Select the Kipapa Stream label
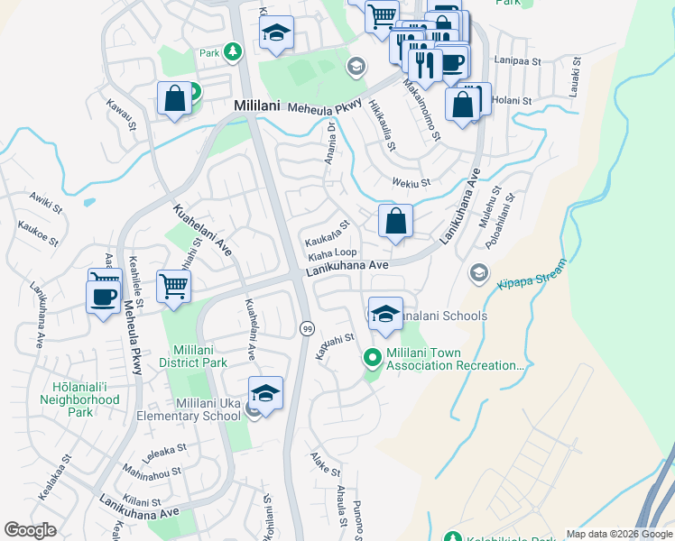532,273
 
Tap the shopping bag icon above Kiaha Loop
395,221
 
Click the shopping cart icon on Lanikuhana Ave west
173,287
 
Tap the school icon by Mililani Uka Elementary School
265,393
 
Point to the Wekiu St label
411,183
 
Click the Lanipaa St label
516,60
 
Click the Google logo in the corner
30,530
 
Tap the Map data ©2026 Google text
618,534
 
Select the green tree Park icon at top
233,51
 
